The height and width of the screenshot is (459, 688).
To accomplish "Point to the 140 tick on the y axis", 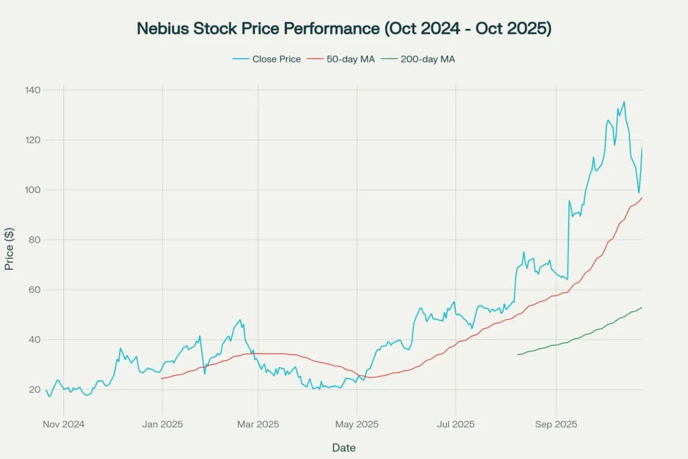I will tap(33, 90).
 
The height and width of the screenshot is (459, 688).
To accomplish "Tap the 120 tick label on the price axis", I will tap(33, 140).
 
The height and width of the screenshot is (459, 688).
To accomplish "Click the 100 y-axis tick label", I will tap(33, 190).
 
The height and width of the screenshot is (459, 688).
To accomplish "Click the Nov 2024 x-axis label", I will tap(64, 424).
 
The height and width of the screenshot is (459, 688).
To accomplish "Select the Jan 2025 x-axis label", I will tap(162, 424).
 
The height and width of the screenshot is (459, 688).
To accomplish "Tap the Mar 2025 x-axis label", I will tap(259, 424).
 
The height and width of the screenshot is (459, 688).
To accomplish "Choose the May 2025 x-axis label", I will tap(357, 424).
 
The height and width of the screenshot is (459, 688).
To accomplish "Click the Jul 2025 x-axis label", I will tap(456, 424).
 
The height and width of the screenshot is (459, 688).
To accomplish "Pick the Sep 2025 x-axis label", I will tap(556, 424).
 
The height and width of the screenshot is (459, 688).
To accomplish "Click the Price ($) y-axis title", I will tap(9, 249).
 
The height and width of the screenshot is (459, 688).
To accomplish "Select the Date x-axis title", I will tap(344, 448).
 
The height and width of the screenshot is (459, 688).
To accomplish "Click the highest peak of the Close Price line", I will tap(624, 102).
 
